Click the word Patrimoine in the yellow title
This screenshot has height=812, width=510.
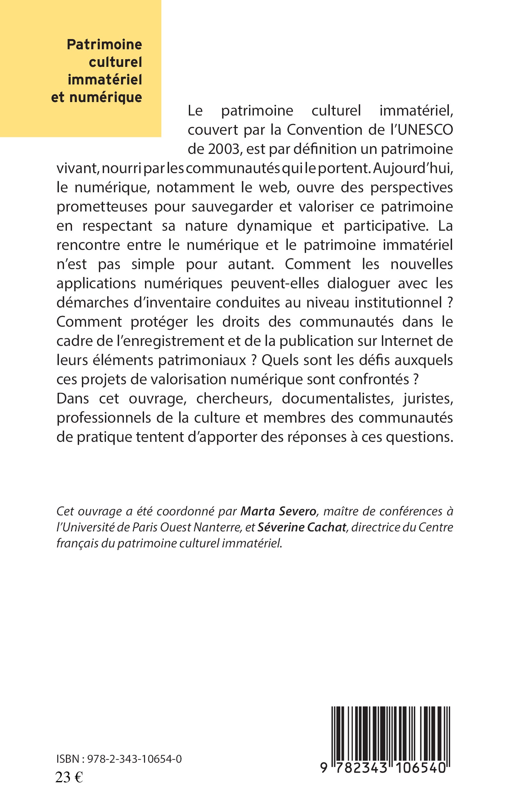(x=104, y=44)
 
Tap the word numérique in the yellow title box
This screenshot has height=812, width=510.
(x=106, y=97)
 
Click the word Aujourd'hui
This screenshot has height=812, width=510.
(x=413, y=168)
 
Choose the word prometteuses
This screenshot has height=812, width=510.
(x=102, y=207)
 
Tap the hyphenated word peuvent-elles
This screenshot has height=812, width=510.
(x=275, y=283)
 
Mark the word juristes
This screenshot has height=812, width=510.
(x=428, y=398)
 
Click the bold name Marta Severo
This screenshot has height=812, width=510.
(x=278, y=512)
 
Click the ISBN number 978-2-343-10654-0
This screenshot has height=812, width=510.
(x=134, y=759)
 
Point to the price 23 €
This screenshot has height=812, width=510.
(x=69, y=775)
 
